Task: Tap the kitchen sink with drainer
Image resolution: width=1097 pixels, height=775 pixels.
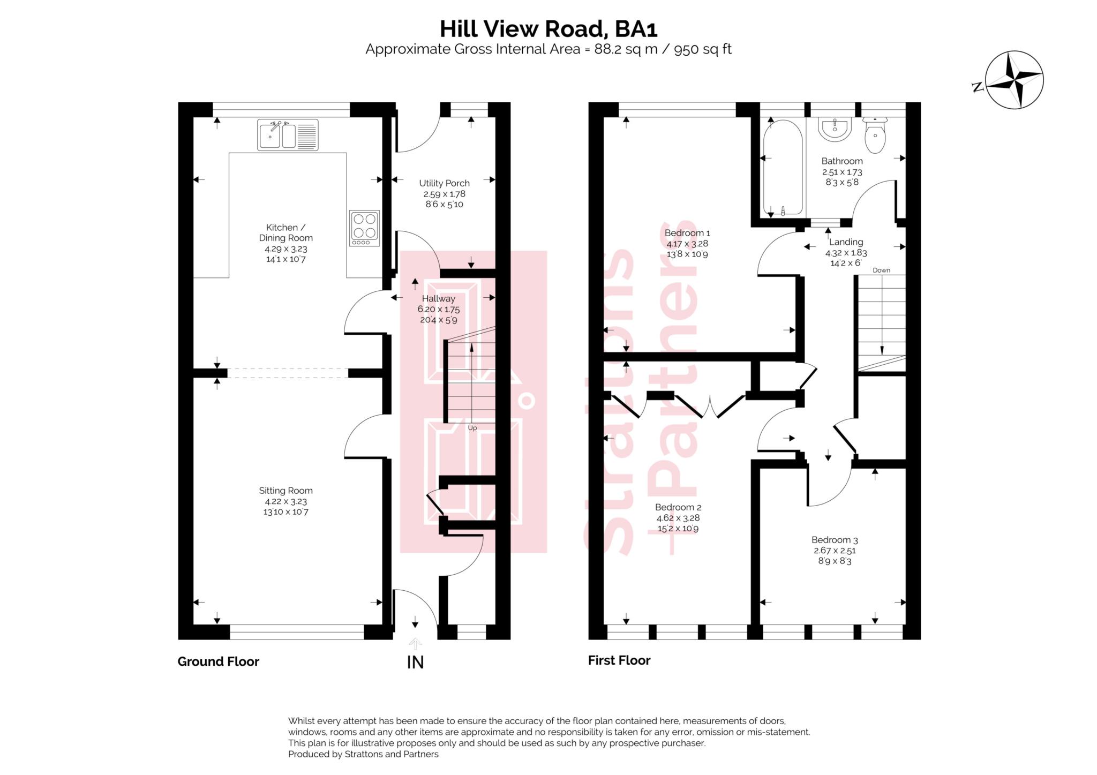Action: (x=288, y=134)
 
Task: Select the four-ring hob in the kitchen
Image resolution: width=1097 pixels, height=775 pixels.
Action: (x=364, y=228)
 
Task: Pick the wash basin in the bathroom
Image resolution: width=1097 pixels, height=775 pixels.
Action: (x=835, y=129)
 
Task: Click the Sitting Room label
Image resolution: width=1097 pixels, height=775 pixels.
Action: (x=285, y=491)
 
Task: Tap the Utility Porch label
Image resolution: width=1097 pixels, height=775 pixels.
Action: (x=444, y=183)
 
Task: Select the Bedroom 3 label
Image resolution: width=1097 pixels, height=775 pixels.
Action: (x=835, y=540)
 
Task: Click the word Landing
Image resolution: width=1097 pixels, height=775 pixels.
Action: (x=846, y=242)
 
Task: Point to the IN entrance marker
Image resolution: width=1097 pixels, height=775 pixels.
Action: (x=415, y=663)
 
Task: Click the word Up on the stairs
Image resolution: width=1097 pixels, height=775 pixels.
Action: (x=472, y=428)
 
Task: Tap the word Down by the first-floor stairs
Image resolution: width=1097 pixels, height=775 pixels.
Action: (x=881, y=270)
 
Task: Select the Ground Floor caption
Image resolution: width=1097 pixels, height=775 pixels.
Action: (x=219, y=662)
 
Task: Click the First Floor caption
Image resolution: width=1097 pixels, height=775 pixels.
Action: (x=619, y=661)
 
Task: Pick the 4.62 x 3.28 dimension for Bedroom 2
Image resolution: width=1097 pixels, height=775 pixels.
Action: (x=678, y=518)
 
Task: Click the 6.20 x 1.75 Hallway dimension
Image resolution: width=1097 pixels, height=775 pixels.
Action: (x=438, y=309)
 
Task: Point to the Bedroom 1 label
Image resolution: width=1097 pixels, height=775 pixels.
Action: (x=687, y=233)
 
